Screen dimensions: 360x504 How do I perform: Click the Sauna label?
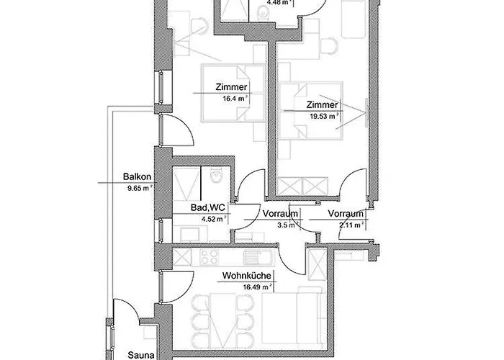click(140, 355)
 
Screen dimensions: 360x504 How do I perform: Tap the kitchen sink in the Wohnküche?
click(251, 257)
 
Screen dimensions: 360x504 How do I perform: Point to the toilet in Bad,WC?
click(214, 176)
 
